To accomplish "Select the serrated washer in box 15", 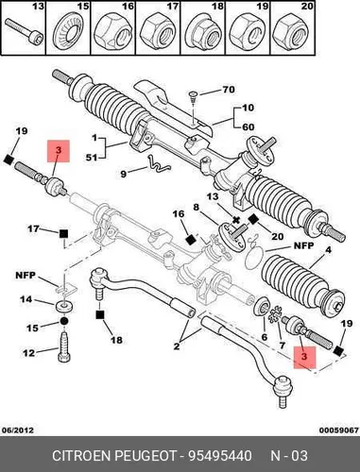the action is click(68, 32).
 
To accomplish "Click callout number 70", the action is click(229, 90).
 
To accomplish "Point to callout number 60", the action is click(248, 127).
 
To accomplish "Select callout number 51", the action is click(92, 157).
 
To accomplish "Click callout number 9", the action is click(123, 174).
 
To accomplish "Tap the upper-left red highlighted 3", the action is click(59, 151).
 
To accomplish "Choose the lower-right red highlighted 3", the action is click(304, 357).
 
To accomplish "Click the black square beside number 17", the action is click(63, 234).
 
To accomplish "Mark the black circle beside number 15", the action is click(64, 321).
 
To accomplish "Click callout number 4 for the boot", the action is click(328, 250).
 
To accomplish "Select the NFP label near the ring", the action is click(303, 245).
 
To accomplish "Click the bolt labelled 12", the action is click(64, 347).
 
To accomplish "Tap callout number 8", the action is click(196, 208).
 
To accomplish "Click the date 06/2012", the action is click(17, 430).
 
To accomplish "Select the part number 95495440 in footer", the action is click(220, 456).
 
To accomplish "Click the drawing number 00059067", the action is click(339, 430).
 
